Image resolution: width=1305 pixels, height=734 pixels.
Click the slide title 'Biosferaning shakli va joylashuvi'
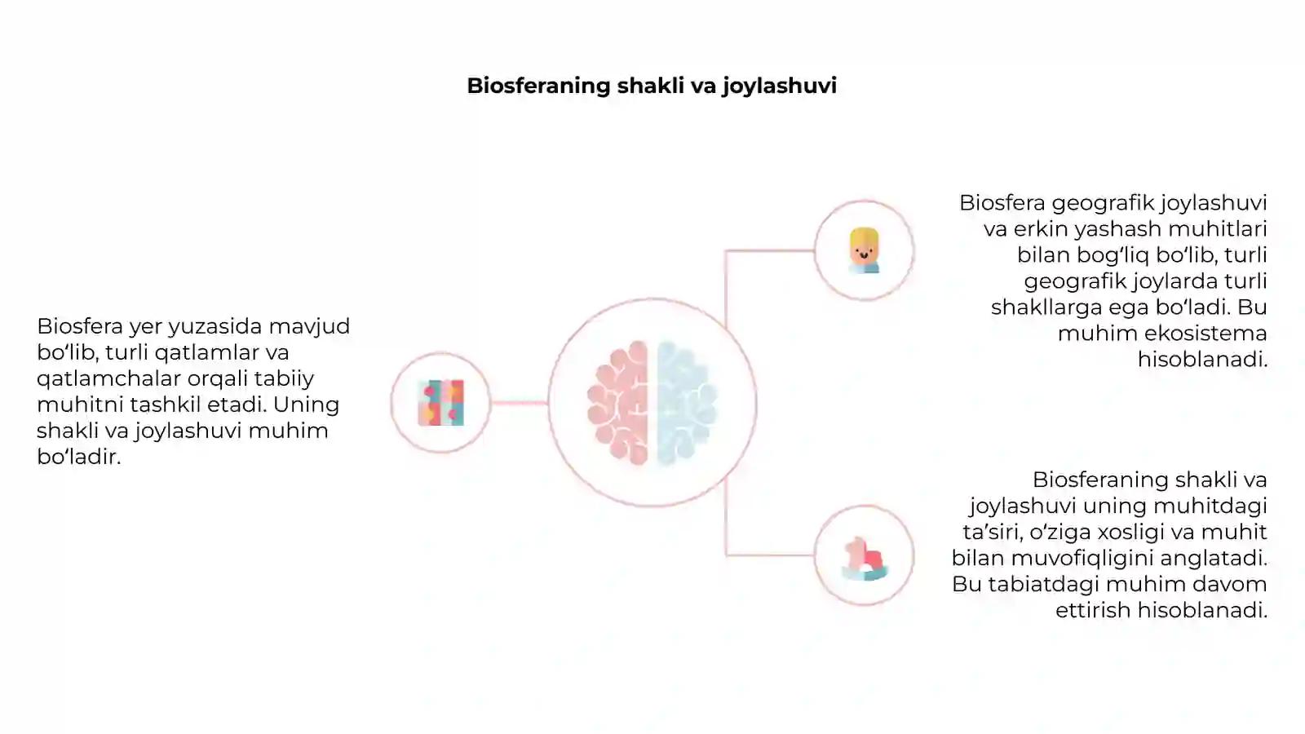point(652,86)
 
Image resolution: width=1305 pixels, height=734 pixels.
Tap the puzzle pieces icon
point(441,403)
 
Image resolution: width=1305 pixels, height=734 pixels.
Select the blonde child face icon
point(864,250)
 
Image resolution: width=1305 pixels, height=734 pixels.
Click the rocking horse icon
point(865,559)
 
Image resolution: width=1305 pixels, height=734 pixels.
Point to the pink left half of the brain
point(618,403)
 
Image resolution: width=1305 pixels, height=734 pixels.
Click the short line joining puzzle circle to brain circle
point(519,403)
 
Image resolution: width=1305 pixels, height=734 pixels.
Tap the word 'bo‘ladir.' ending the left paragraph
point(78,457)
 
